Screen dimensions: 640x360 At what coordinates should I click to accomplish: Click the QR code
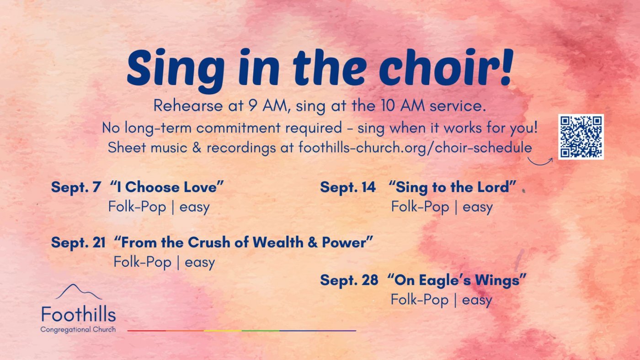(581, 137)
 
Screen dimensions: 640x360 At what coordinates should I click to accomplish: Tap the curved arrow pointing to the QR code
(539, 164)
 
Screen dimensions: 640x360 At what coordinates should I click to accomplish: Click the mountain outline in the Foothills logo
(79, 292)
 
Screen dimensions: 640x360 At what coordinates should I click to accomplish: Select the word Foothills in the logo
(79, 314)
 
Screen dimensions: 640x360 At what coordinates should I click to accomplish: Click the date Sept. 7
(76, 187)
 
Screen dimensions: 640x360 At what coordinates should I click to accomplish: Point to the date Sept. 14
(348, 187)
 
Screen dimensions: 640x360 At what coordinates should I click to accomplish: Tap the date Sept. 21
(78, 242)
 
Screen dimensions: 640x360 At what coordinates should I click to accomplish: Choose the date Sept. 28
(349, 280)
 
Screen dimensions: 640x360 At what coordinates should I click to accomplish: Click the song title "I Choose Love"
(166, 187)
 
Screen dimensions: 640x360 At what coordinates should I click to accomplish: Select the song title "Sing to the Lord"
(452, 187)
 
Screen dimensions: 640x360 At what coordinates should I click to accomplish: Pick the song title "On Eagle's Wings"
(457, 280)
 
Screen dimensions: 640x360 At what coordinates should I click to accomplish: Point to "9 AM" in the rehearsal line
(267, 106)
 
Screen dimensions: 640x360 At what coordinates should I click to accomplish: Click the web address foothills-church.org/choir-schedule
(415, 148)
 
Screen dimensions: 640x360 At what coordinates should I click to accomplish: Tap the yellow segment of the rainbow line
(223, 331)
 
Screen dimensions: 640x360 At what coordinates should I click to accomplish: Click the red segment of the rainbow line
(146, 331)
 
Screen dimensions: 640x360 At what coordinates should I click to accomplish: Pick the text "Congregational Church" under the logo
(78, 330)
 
